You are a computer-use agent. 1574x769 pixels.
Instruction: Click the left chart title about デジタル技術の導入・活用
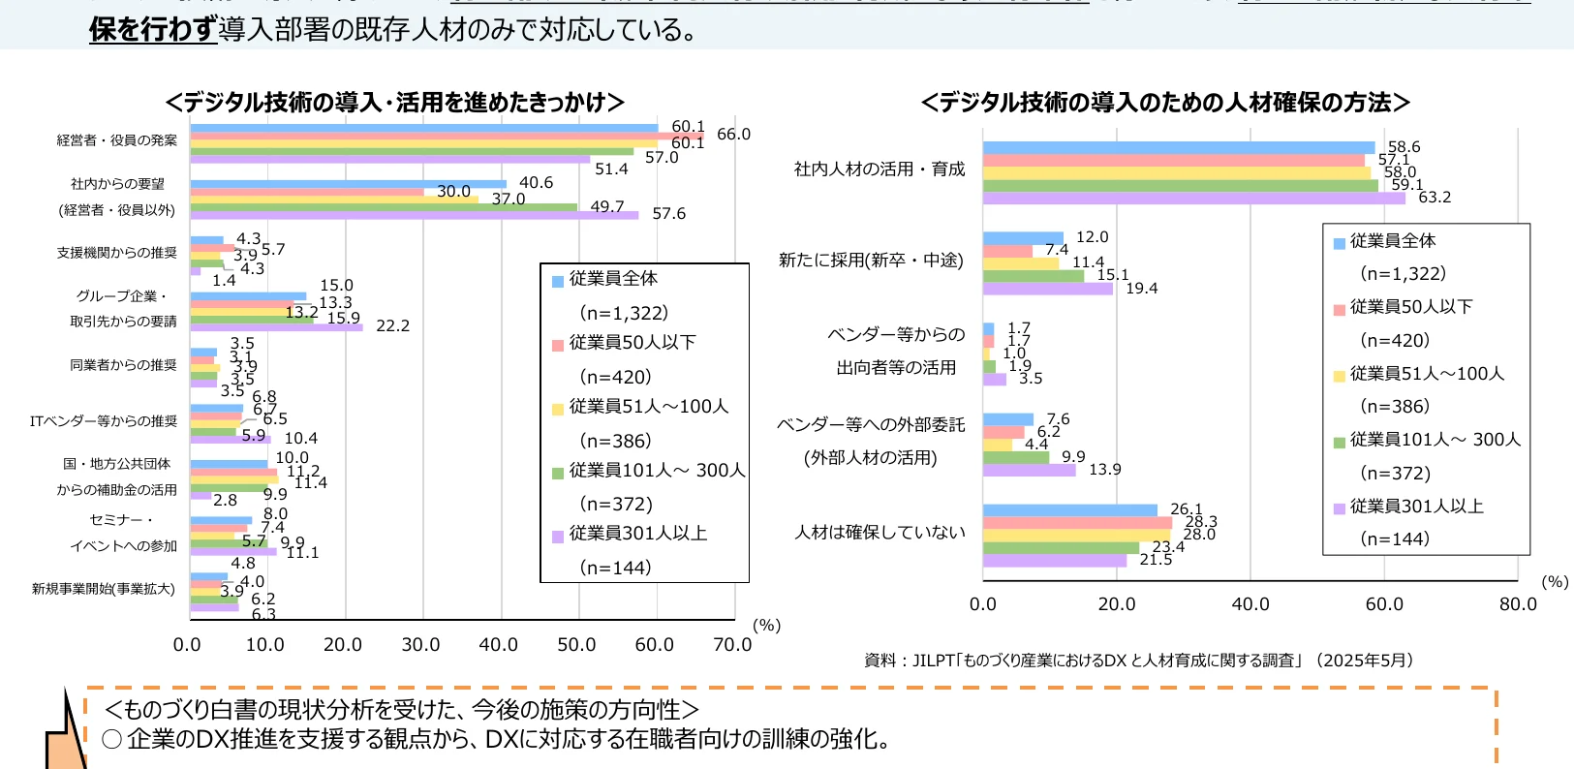coord(394,103)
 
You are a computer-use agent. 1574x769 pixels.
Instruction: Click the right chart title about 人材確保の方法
coord(1164,103)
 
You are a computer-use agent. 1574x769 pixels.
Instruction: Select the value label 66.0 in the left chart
coord(733,134)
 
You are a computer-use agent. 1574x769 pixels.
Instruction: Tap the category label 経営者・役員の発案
coord(117,140)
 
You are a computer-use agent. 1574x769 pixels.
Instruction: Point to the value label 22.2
coord(392,325)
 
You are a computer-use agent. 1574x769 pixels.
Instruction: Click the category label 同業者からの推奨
coord(123,365)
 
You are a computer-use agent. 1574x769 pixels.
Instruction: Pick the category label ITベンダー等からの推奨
coord(104,421)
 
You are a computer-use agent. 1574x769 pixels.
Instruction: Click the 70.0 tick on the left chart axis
coord(731,645)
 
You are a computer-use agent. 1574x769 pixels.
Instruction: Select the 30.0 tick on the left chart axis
coord(420,645)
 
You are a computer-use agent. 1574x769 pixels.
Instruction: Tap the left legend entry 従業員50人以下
coord(632,343)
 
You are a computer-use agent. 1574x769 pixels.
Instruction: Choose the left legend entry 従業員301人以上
coord(637,534)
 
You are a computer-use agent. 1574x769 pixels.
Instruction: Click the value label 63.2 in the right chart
coord(1435,198)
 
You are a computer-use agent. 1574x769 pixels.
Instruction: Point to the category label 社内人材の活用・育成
coord(880,169)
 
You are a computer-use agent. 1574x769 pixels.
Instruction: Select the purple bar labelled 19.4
coord(1047,289)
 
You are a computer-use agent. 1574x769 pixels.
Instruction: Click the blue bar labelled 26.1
coord(1069,510)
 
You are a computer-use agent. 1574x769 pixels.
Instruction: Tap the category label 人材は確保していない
coord(880,533)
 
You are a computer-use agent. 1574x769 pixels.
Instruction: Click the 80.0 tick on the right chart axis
coord(1517,604)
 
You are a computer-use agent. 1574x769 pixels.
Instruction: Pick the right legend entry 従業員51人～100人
coord(1426,374)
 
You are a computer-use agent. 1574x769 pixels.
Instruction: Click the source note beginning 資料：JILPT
coord(1139,661)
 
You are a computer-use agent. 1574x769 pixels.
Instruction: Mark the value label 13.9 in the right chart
coord(1104,470)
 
